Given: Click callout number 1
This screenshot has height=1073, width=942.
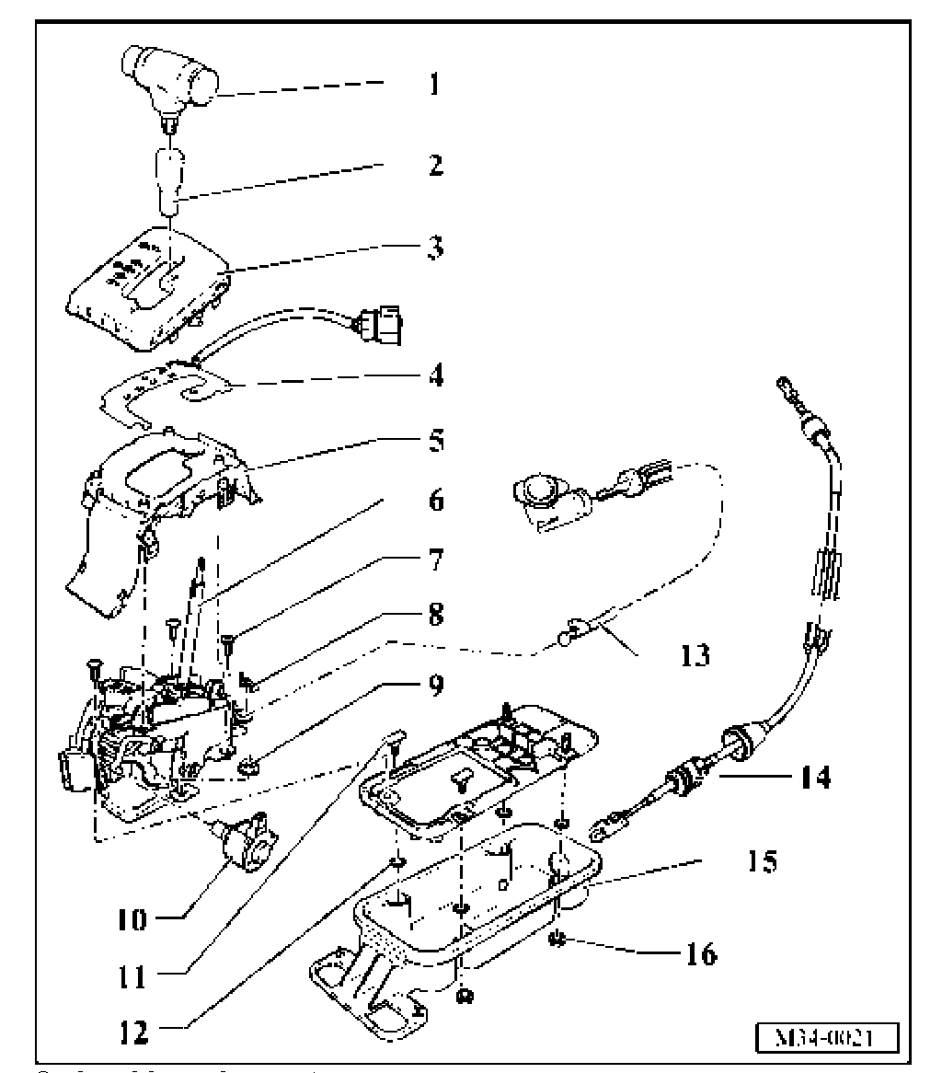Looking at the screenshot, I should click(x=435, y=85).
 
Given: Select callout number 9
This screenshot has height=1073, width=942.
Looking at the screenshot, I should click(x=436, y=686).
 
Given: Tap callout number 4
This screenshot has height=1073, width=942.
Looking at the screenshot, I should click(x=436, y=376).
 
